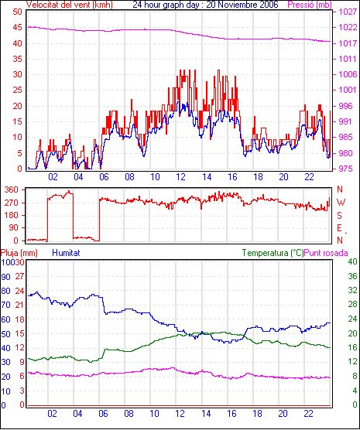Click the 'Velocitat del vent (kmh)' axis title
[69, 5]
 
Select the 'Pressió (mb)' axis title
[310, 5]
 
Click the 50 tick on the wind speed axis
[17, 12]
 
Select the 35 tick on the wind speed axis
[17, 59]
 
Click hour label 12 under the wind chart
[180, 177]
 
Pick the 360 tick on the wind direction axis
[12, 189]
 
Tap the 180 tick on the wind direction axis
[12, 215]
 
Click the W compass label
[341, 203]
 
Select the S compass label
[340, 216]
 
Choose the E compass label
[340, 228]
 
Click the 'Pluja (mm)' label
[19, 253]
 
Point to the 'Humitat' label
[66, 253]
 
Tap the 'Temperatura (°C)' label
[273, 253]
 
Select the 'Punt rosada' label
[326, 253]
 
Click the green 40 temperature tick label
[352, 261]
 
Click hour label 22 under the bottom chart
[308, 413]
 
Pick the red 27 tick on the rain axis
[19, 276]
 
